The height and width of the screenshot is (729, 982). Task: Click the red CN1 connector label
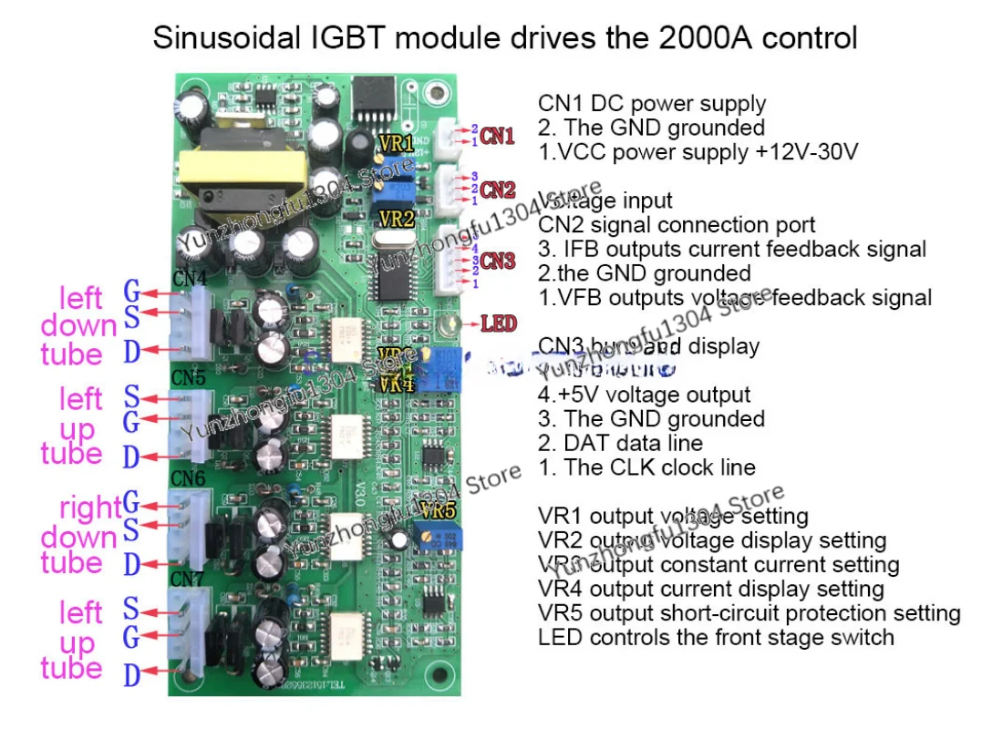point(498,137)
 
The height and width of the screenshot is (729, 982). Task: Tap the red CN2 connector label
point(498,190)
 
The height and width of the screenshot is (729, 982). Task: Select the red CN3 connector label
point(498,262)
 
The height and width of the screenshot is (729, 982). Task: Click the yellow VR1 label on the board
point(397,143)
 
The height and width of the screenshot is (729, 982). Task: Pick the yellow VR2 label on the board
point(397,219)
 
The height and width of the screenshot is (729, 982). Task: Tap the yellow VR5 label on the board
point(439,510)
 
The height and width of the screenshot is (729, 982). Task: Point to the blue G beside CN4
point(132,293)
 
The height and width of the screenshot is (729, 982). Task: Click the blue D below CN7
point(132,676)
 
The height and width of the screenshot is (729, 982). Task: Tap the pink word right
point(89,507)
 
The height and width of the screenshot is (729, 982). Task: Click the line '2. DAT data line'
point(620,443)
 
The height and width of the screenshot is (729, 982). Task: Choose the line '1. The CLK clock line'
point(646,467)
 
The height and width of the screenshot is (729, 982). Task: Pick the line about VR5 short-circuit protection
point(749,613)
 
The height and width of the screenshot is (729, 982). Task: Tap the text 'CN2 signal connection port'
point(677,224)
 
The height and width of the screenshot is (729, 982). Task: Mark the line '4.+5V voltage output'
point(644,395)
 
